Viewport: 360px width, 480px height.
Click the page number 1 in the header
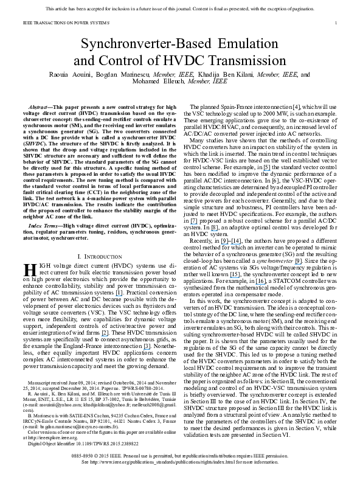(x=336, y=23)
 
